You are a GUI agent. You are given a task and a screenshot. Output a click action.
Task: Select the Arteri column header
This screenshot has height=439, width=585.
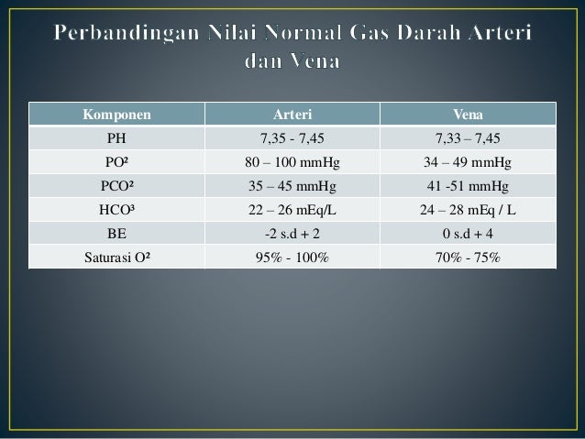[292, 115]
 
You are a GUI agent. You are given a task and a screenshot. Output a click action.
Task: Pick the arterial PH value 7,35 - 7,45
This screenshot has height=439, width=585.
[292, 139]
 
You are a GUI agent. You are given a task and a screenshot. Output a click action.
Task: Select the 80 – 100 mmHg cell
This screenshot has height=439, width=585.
[292, 163]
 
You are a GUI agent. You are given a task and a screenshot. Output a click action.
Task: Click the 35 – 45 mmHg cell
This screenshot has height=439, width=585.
[292, 186]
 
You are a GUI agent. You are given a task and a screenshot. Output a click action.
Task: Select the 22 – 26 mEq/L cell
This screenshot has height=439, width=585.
[292, 210]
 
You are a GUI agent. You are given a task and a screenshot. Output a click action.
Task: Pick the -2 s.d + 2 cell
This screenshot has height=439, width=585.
[292, 233]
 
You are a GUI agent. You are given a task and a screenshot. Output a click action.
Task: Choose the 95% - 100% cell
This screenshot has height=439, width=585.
[292, 257]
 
